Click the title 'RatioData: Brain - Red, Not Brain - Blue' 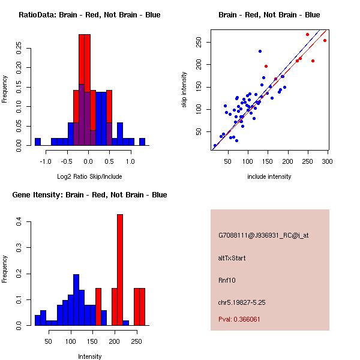89,15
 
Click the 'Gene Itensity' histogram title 89,195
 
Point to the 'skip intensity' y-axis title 185,90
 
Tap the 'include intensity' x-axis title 269,177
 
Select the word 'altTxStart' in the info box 232,258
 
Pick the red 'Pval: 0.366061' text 239,319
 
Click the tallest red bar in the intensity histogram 120,270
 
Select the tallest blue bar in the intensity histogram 76,300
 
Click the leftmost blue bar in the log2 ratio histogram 37,142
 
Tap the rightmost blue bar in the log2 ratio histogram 142,142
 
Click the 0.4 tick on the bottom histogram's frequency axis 17,223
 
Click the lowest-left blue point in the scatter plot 215,146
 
